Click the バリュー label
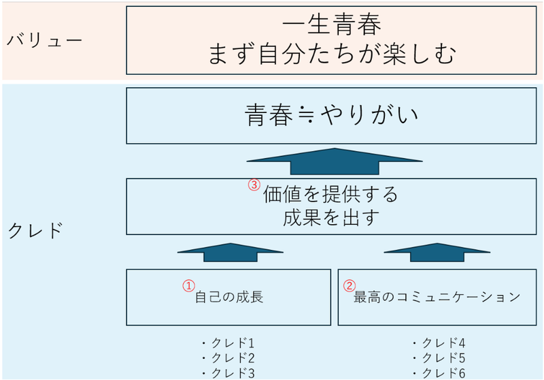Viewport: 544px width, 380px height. (x=44, y=40)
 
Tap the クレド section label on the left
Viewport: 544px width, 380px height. (x=35, y=230)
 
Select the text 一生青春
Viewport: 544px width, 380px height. (x=332, y=25)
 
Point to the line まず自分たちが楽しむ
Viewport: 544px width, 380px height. (x=332, y=54)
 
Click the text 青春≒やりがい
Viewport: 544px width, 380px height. (x=332, y=115)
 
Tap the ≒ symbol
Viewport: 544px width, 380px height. (x=307, y=115)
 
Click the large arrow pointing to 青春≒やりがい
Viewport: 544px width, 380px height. (x=335, y=161)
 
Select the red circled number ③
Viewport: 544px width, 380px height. (x=254, y=185)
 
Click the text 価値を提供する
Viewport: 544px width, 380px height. (x=330, y=194)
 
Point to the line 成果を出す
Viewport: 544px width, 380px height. (x=331, y=217)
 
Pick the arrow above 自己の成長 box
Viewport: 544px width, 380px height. (x=231, y=252)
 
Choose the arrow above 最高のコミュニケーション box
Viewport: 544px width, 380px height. (x=437, y=252)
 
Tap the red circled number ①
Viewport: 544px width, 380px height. (x=189, y=286)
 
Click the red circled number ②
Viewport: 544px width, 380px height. (x=350, y=286)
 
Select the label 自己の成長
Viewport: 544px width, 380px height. (x=229, y=298)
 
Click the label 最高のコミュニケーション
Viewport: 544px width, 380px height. (x=437, y=297)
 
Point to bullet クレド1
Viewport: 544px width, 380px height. (x=228, y=343)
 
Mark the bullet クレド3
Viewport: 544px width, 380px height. (x=228, y=373)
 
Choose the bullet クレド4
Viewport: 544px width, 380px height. (x=439, y=343)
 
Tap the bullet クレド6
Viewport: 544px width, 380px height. (x=439, y=373)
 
